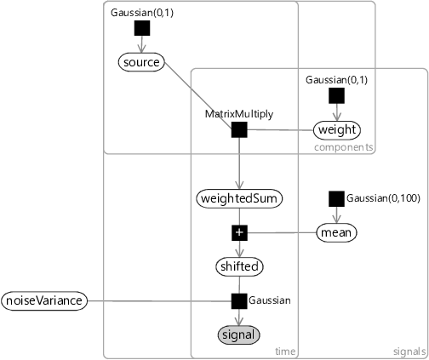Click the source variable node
tap(141, 62)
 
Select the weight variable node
tap(337, 130)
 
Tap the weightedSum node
tap(239, 198)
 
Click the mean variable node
tap(336, 232)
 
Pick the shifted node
tap(239, 266)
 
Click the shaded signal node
tap(239, 334)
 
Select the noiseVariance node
tap(44, 300)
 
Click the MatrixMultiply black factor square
tap(239, 130)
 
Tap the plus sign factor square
tap(239, 232)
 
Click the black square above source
tap(142, 28)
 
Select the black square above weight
tap(337, 95)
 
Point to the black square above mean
tap(337, 198)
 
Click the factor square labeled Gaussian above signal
tap(239, 301)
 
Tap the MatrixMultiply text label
tap(239, 114)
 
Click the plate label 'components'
tap(344, 147)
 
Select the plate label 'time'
tap(285, 351)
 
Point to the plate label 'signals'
tap(409, 351)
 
